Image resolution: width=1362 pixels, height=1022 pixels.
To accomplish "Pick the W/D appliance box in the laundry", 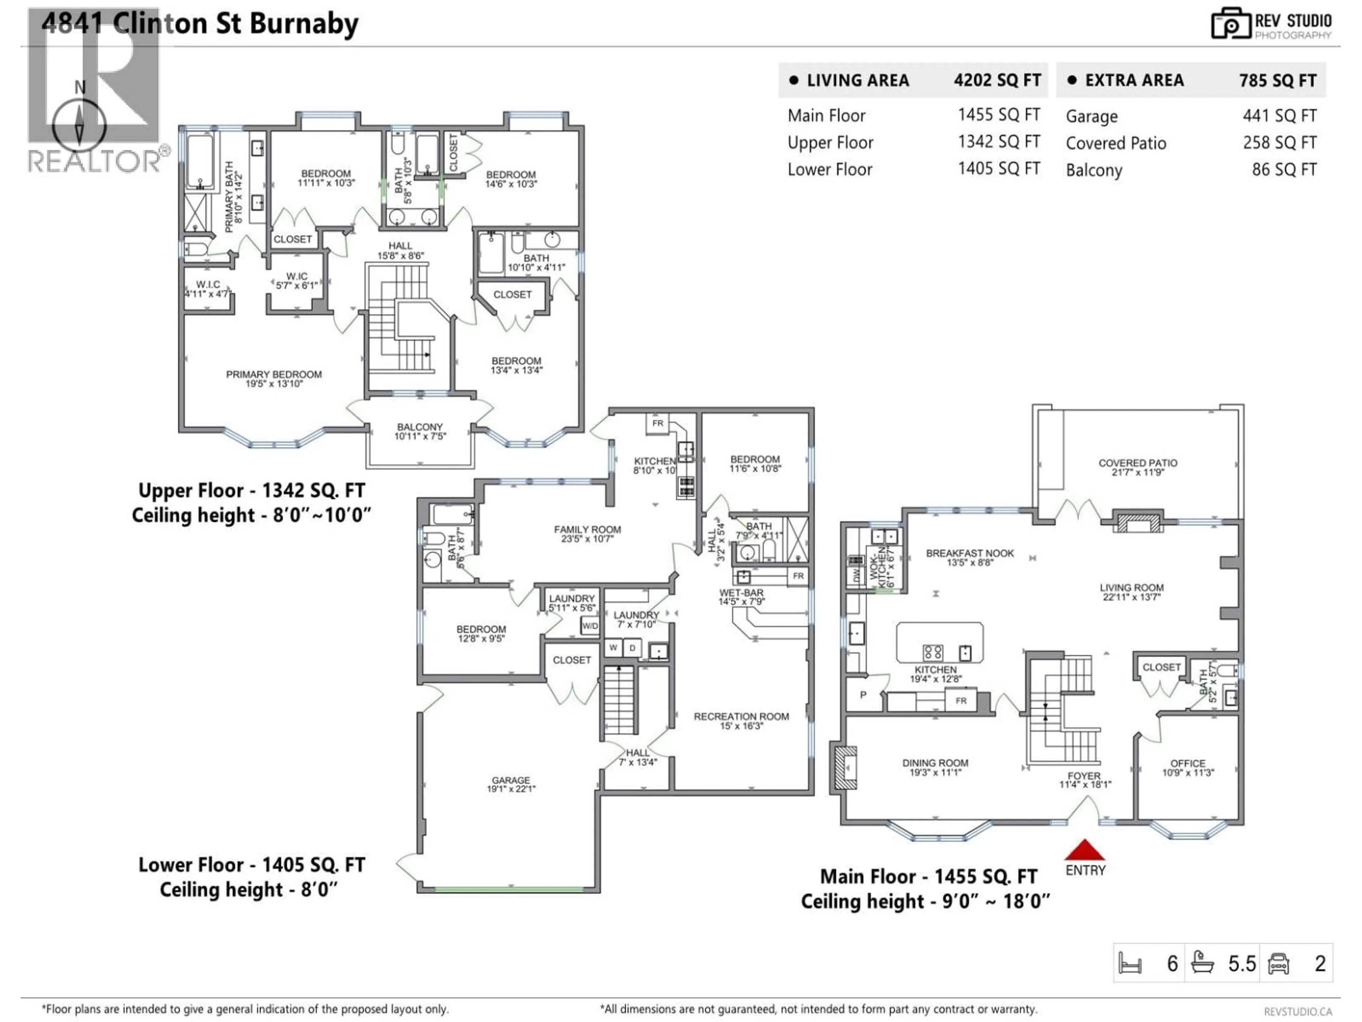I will (589, 626).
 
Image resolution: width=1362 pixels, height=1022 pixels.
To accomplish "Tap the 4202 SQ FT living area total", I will (997, 81).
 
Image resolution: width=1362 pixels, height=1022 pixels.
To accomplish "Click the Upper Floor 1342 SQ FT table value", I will (998, 142).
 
